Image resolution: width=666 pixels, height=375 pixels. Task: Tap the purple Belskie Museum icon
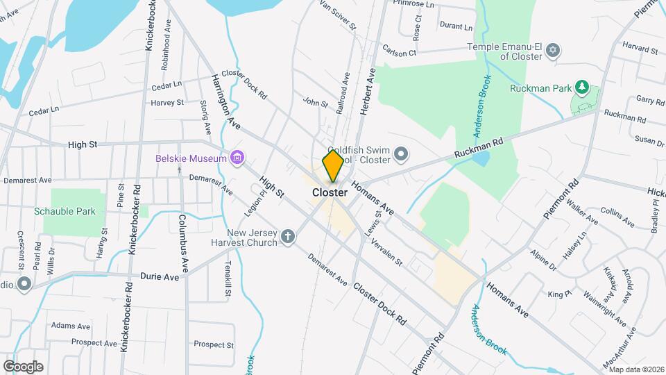click(237, 158)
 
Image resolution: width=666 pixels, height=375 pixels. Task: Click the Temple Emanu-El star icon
click(553, 50)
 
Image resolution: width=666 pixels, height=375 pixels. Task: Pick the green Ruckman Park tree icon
click(583, 88)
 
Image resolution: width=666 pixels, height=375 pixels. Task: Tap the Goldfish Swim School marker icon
click(400, 153)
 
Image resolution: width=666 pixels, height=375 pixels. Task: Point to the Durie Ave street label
click(159, 276)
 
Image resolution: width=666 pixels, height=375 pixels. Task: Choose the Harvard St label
click(639, 50)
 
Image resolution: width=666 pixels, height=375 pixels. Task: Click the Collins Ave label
click(617, 216)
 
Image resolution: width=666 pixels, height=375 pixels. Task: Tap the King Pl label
click(557, 295)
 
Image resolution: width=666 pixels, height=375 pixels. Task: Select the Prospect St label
click(214, 344)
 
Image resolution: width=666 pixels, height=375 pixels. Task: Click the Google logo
click(22, 366)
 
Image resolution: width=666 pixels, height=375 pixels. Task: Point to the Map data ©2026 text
click(636, 369)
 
